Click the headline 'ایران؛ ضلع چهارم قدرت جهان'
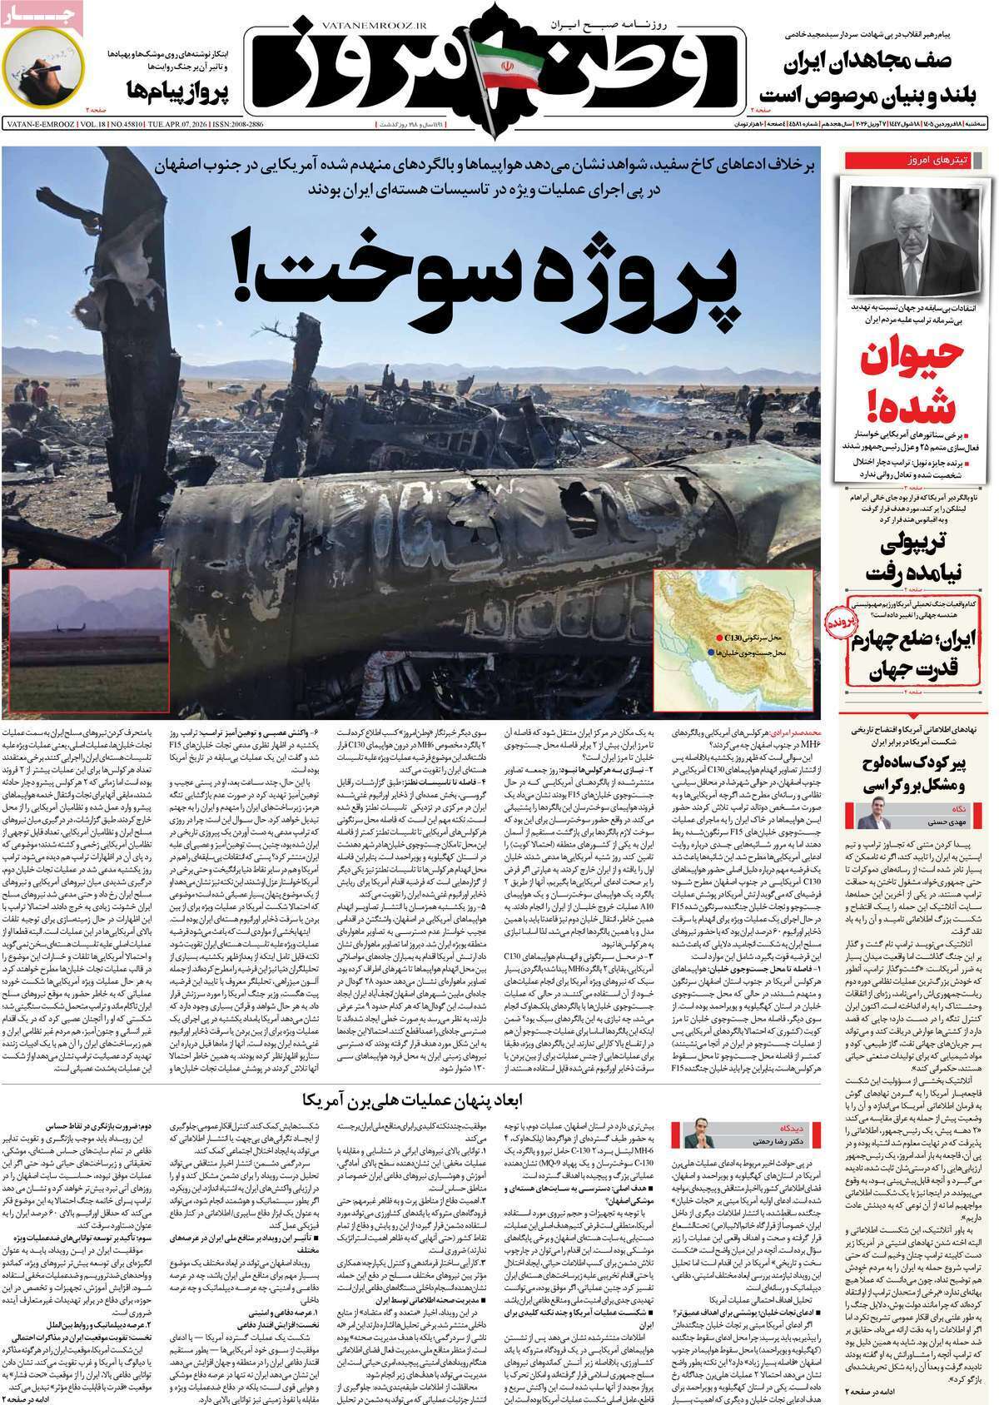pyautogui.click(x=916, y=653)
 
